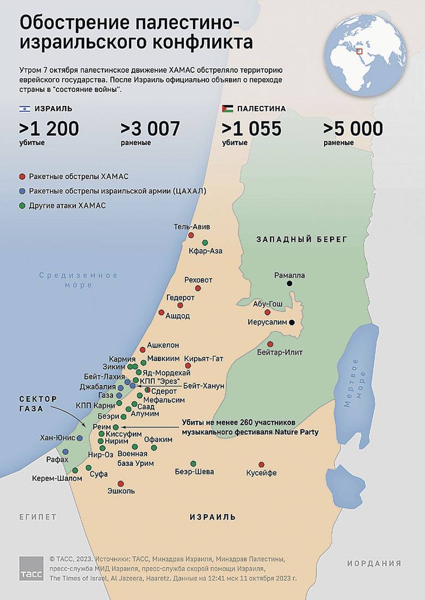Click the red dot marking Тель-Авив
tap(191, 235)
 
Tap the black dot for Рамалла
tap(290, 283)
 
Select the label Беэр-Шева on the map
tap(194, 471)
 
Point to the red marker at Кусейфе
tap(261, 464)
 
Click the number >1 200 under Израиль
tap(49, 129)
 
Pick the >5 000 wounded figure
tap(353, 129)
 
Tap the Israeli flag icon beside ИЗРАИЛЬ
tap(25, 109)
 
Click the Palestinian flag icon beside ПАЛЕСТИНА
tap(227, 109)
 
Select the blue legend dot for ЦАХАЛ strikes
tap(22, 191)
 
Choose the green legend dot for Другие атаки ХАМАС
tap(22, 205)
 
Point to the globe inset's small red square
tap(359, 52)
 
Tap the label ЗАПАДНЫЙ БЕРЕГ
tap(302, 239)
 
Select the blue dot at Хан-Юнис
tap(80, 438)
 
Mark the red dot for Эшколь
tap(120, 483)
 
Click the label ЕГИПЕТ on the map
tap(37, 517)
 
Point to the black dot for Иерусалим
tap(292, 322)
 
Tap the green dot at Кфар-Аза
tap(204, 243)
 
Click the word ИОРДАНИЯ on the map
tap(374, 563)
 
